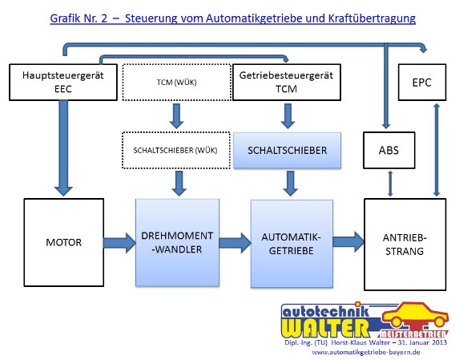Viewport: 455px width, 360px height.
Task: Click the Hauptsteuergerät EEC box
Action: click(63, 83)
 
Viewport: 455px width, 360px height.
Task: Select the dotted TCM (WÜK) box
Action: click(177, 83)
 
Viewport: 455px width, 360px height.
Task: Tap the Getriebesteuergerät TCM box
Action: click(287, 83)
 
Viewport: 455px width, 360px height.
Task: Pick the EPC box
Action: click(422, 83)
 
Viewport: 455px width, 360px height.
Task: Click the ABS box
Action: click(389, 150)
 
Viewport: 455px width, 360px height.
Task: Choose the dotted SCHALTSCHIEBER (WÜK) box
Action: click(176, 150)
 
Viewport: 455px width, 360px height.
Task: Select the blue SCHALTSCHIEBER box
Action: click(288, 150)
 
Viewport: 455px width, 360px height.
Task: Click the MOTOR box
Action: click(64, 243)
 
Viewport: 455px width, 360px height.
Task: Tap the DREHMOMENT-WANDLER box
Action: click(177, 243)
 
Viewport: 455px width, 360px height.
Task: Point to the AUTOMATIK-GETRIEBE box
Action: click(292, 244)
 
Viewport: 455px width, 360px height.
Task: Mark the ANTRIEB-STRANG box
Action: click(405, 245)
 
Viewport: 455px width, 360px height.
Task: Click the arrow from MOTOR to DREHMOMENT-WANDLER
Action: click(119, 243)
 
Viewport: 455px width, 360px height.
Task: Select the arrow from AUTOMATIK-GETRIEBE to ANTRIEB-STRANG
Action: click(348, 241)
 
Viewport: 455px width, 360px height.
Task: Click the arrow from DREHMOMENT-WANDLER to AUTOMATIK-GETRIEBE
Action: click(235, 243)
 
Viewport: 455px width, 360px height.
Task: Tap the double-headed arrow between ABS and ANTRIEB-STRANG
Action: click(390, 184)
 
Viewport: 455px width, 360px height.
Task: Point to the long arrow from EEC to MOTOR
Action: click(63, 148)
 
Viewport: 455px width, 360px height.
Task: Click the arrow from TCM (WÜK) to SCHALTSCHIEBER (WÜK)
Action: click(176, 116)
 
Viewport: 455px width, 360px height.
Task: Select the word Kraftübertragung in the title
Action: click(372, 18)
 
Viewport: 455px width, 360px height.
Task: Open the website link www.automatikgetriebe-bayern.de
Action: click(366, 352)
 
